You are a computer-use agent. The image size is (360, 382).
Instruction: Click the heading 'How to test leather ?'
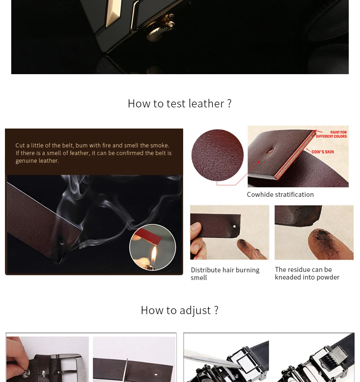[x=180, y=103]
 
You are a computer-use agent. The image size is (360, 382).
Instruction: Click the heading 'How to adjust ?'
[x=180, y=311]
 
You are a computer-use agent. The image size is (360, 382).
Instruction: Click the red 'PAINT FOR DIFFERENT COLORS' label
[x=331, y=134]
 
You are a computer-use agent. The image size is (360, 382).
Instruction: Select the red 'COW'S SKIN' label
[x=323, y=152]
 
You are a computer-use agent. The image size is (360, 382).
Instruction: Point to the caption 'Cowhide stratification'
[x=280, y=195]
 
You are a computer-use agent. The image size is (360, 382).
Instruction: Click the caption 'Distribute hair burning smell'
[x=225, y=274]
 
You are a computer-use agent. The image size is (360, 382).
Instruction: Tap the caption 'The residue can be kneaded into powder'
[x=307, y=273]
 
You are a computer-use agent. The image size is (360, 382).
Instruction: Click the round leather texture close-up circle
[x=217, y=155]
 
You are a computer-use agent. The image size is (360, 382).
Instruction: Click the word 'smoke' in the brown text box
[x=159, y=146]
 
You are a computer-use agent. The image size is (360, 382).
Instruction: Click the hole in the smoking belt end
[x=62, y=242]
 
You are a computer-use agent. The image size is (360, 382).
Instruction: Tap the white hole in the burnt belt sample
[x=234, y=227]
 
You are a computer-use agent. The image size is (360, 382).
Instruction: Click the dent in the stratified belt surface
[x=271, y=151]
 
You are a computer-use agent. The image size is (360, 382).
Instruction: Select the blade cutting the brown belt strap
[x=126, y=370]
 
